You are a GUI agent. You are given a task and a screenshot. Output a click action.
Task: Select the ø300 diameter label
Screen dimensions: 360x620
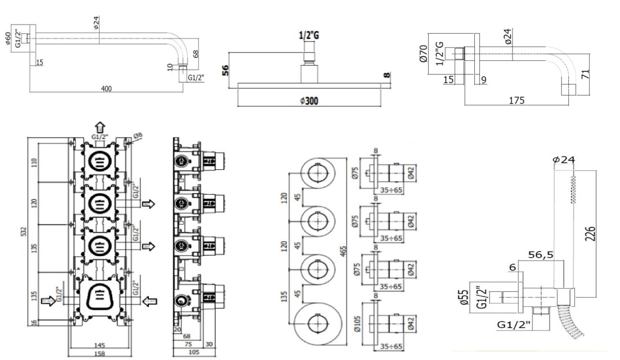tap(309, 101)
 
